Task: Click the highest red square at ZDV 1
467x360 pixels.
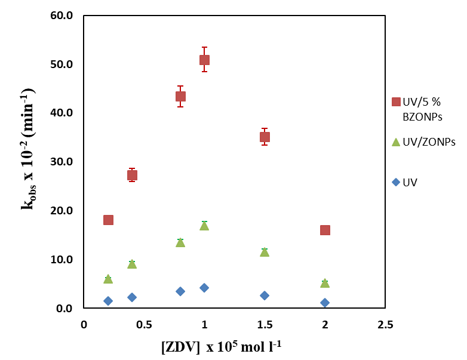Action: click(204, 60)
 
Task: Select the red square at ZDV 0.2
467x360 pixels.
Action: click(108, 220)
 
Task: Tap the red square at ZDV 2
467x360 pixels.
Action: click(325, 230)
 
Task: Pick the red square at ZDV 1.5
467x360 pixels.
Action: click(265, 137)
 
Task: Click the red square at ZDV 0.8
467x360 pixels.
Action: click(180, 96)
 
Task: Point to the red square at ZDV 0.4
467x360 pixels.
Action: click(132, 175)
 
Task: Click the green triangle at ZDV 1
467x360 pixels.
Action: click(204, 226)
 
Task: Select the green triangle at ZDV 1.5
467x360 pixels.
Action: click(265, 252)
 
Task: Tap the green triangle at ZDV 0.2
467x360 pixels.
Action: click(108, 279)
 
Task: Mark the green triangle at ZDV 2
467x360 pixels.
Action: click(325, 283)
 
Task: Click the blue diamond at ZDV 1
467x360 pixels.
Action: click(204, 288)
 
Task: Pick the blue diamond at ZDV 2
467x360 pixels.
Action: click(325, 303)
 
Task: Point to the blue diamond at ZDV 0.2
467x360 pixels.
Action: click(108, 301)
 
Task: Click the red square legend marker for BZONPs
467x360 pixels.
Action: click(395, 102)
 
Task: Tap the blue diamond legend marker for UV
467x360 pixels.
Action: click(395, 182)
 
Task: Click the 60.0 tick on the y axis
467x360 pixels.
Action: click(61, 16)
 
